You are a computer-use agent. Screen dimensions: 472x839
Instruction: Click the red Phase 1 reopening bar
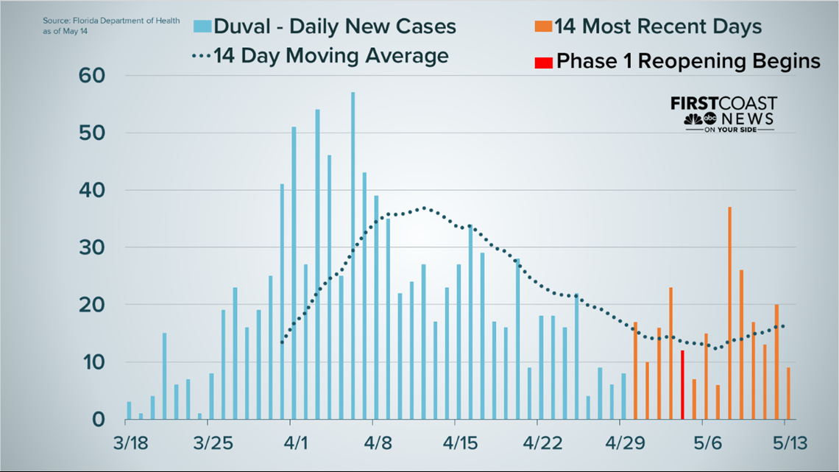click(x=682, y=385)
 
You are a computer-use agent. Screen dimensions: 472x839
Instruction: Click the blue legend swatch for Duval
click(x=202, y=27)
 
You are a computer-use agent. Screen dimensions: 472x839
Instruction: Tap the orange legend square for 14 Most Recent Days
click(x=543, y=27)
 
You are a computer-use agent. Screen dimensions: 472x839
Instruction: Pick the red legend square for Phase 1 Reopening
click(x=543, y=61)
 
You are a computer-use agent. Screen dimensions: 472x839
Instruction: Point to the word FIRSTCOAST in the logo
click(x=723, y=103)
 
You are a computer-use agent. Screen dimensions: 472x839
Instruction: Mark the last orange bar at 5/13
click(x=788, y=393)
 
